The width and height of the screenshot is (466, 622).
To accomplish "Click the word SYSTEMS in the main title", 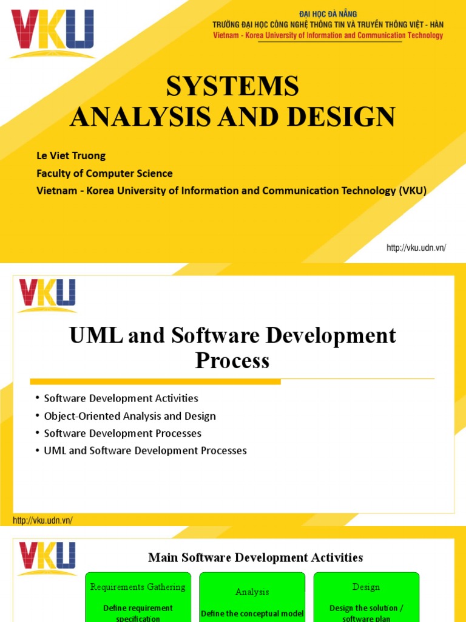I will tap(233, 86).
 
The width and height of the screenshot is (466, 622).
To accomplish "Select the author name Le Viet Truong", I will tap(70, 155).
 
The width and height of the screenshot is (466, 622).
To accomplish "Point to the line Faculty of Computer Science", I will tap(104, 173).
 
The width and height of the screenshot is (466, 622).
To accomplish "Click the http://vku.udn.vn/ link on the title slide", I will tap(416, 248).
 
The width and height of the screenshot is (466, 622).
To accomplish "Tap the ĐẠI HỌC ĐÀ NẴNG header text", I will tap(328, 14).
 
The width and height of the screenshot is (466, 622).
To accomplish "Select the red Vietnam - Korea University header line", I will tap(328, 35).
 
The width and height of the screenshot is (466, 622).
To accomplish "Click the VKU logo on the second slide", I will tap(47, 295).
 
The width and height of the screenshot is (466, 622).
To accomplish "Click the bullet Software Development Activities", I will tap(121, 398).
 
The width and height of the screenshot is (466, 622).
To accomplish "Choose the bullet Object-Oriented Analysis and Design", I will tap(130, 416).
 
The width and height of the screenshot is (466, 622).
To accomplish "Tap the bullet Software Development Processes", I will tap(123, 434).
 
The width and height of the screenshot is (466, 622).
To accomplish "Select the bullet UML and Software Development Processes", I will tap(146, 451).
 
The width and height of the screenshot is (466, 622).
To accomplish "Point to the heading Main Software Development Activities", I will tap(255, 557).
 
